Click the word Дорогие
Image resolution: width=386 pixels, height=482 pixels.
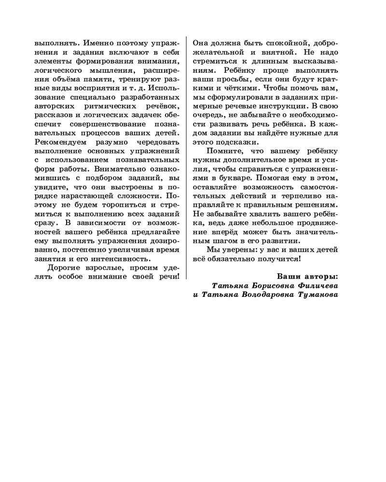tap(66, 268)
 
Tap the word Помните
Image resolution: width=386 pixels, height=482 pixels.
tap(225, 151)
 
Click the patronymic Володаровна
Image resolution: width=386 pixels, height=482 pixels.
tap(270, 295)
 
